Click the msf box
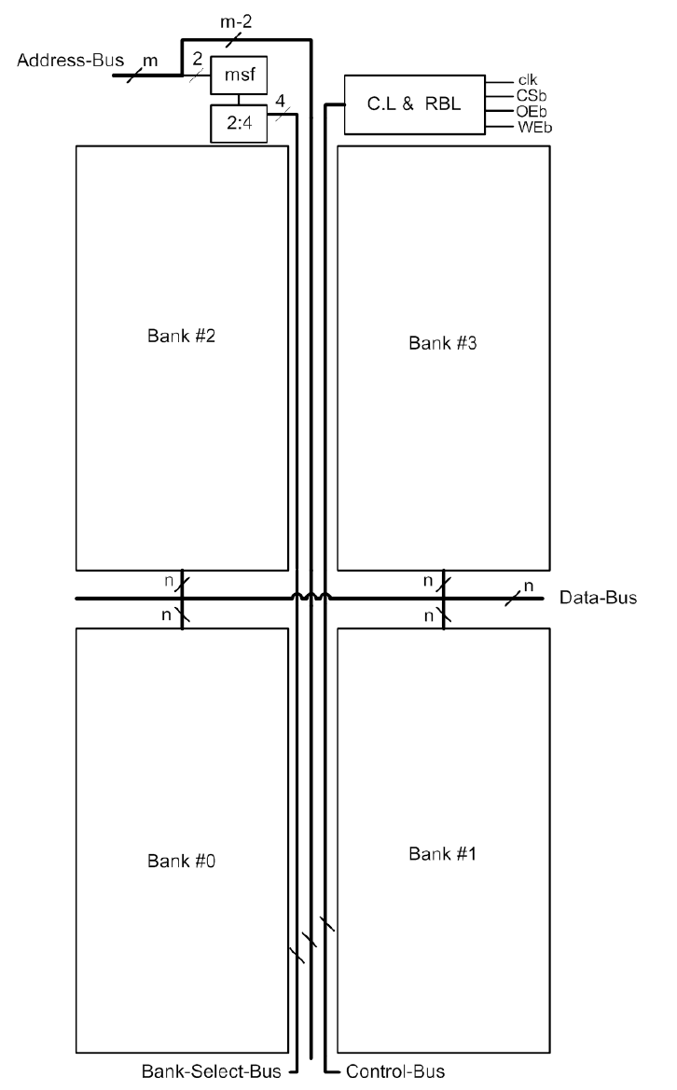[x=240, y=76]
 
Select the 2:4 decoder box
[x=240, y=125]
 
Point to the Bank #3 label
[x=443, y=342]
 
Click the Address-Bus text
[x=62, y=61]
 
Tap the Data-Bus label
[x=599, y=598]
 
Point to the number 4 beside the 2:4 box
[x=280, y=101]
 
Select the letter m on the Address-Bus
[x=149, y=61]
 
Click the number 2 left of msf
[x=197, y=58]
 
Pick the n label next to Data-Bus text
[x=529, y=586]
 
